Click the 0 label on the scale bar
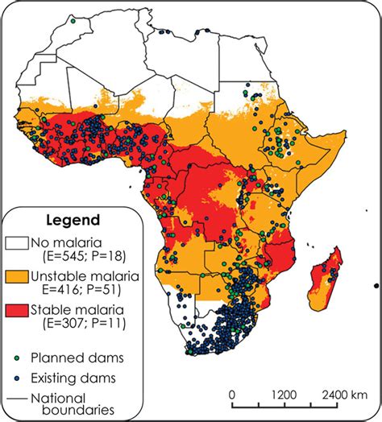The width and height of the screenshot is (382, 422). (231, 395)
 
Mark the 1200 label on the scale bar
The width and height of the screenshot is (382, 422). (284, 395)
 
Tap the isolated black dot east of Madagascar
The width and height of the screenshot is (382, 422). (376, 286)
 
